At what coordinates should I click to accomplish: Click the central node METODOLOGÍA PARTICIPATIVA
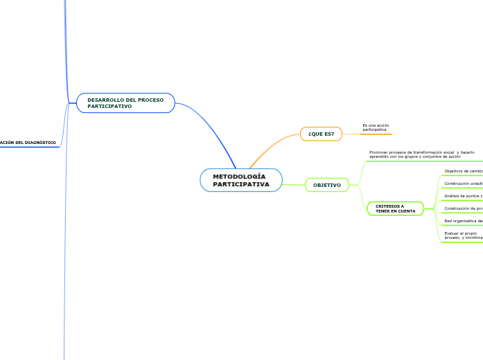(x=241, y=180)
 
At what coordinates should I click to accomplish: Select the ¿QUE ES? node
(x=321, y=134)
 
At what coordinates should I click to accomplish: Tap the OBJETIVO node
(x=327, y=186)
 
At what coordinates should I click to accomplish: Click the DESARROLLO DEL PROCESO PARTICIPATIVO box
(x=125, y=103)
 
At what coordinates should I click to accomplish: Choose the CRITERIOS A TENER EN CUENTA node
(x=395, y=208)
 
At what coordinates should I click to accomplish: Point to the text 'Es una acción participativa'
(x=376, y=127)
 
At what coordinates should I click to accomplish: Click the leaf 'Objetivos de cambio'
(x=463, y=170)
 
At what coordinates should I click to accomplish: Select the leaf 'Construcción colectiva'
(x=463, y=183)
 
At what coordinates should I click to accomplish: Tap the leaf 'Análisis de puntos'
(x=463, y=196)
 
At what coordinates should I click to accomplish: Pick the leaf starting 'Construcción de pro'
(x=463, y=208)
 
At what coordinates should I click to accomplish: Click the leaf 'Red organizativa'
(x=463, y=221)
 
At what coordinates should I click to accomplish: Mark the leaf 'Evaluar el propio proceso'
(x=463, y=235)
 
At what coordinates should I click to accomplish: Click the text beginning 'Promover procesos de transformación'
(x=421, y=154)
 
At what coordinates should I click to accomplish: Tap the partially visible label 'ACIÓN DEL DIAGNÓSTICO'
(x=28, y=143)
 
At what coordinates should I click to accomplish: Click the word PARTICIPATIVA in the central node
(x=241, y=185)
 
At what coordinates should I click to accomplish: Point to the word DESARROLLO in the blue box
(x=102, y=100)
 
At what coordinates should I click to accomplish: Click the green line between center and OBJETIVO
(x=294, y=183)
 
